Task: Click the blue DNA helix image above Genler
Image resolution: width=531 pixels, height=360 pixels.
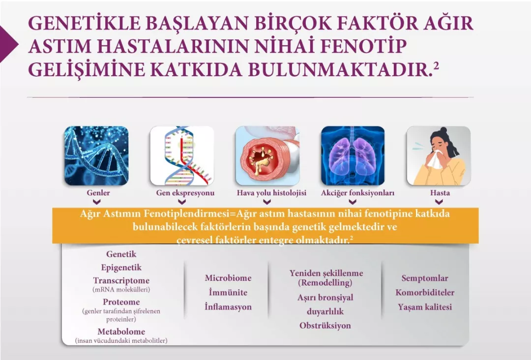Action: tap(96, 155)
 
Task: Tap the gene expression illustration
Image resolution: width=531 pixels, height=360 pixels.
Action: tap(182, 155)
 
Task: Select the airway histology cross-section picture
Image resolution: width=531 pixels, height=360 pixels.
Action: tap(267, 155)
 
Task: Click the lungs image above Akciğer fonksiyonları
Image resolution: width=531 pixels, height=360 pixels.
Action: tap(353, 155)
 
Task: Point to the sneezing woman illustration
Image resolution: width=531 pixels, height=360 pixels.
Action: tap(439, 155)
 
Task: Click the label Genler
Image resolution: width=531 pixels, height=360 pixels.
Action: tap(98, 193)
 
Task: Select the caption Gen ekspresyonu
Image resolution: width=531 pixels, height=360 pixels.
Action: tap(185, 193)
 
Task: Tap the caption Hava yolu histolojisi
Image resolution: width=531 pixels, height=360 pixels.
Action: tap(271, 193)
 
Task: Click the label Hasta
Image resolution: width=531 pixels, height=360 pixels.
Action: tap(440, 193)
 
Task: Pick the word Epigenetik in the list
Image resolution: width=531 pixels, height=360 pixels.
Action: tap(121, 268)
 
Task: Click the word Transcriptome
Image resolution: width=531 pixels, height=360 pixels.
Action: tap(121, 281)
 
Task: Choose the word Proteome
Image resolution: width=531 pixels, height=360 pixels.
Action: tap(121, 302)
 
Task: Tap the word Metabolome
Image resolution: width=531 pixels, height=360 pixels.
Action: tap(121, 332)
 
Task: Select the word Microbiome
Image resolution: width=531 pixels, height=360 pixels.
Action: tap(228, 278)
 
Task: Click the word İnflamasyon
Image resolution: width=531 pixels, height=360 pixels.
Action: tap(228, 307)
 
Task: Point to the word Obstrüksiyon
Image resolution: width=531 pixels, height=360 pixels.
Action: tap(325, 326)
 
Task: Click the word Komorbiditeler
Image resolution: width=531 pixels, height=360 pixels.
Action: tap(425, 293)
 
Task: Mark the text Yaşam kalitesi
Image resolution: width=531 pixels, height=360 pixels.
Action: tap(425, 307)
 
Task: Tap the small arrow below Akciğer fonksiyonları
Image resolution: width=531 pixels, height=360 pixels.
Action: tap(353, 202)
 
